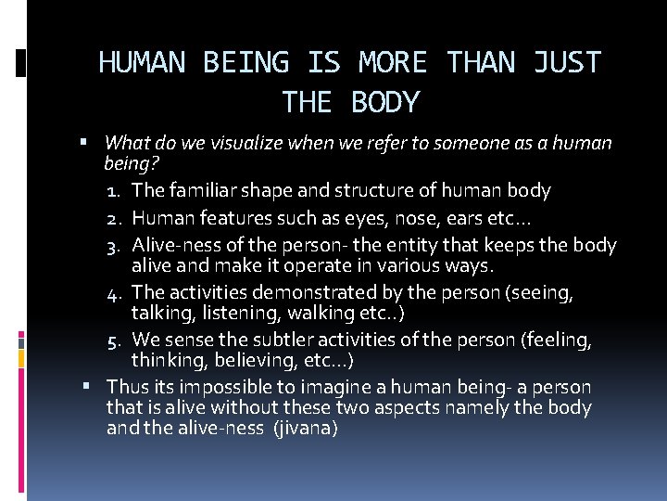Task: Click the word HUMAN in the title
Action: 142,63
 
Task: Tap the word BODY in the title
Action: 386,101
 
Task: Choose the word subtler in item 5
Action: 271,340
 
